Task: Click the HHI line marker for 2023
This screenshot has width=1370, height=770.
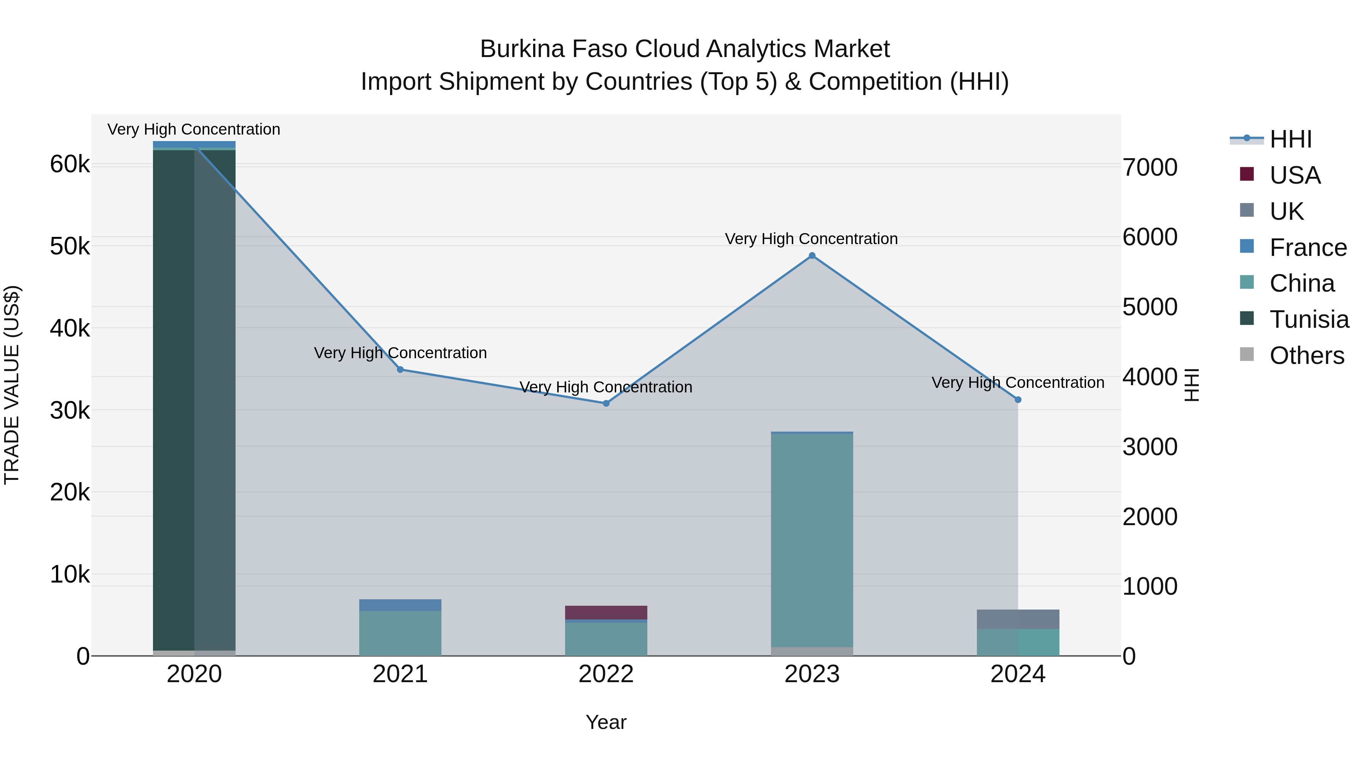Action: (x=812, y=256)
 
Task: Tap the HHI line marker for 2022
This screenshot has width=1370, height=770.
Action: (x=606, y=403)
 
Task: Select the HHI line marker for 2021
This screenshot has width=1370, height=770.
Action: (x=400, y=369)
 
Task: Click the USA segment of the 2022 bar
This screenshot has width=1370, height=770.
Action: (x=606, y=612)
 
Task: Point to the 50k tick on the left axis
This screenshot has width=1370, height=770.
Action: (x=70, y=246)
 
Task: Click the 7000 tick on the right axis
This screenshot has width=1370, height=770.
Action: (x=1150, y=167)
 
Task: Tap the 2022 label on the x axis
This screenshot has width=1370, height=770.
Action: (x=606, y=674)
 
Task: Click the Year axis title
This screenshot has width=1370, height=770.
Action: (x=606, y=722)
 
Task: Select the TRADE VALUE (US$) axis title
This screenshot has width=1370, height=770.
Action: (x=12, y=385)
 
